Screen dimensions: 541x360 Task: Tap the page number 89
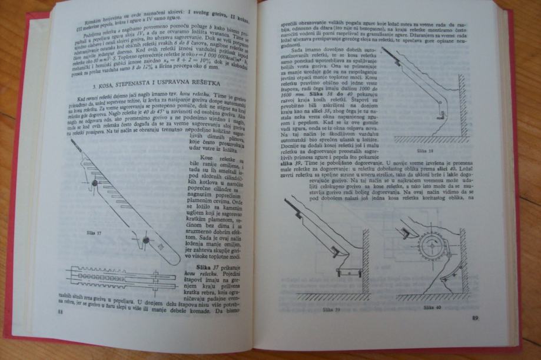tap(476, 318)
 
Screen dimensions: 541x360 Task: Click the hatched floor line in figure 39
tap(330, 296)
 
